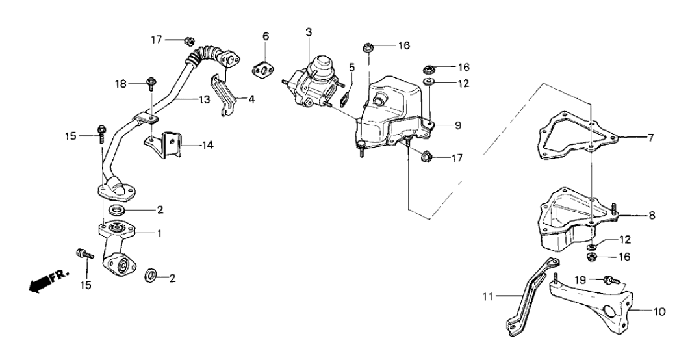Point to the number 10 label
pyautogui.click(x=659, y=311)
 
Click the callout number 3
pyautogui.click(x=309, y=32)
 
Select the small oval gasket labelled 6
pyautogui.click(x=264, y=68)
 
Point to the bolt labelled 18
pyautogui.click(x=151, y=83)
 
